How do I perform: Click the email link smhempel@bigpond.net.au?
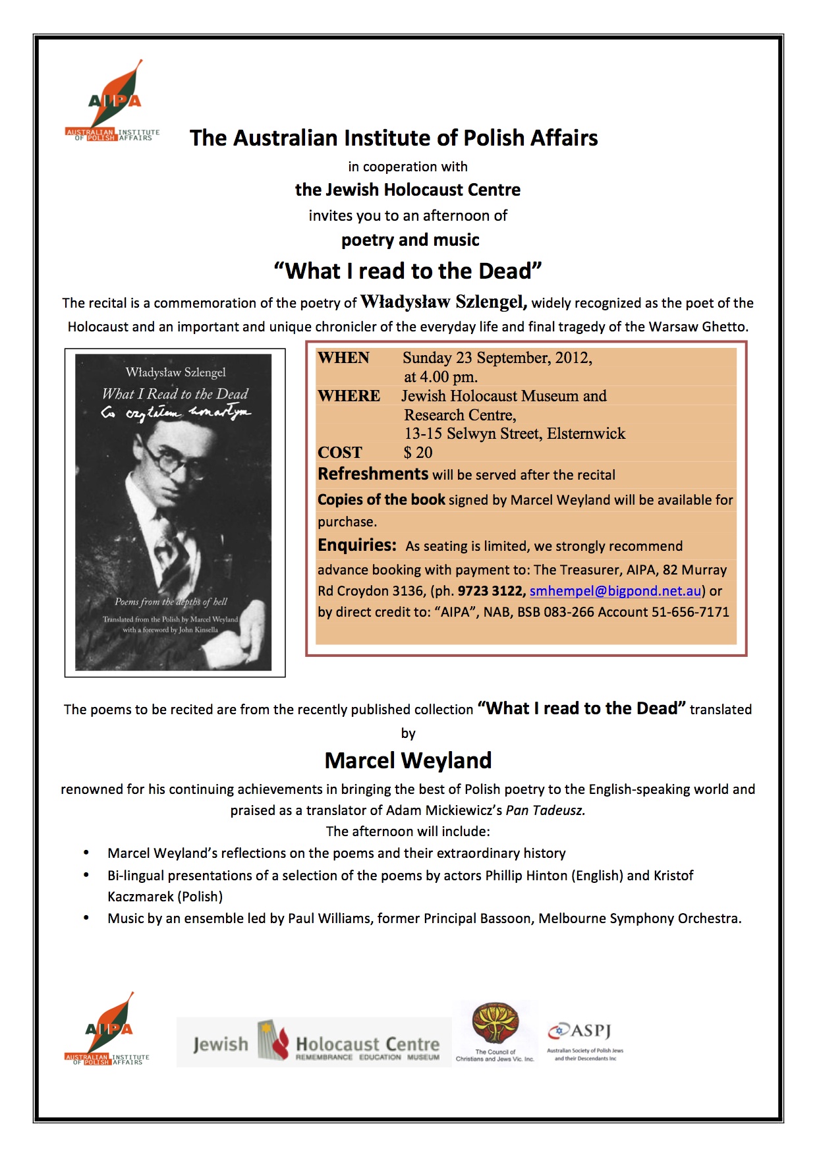point(615,591)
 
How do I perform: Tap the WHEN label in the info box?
point(343,358)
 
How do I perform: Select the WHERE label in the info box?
point(349,396)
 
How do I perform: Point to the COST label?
point(339,453)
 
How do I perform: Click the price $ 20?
point(418,453)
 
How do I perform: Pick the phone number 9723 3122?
point(492,591)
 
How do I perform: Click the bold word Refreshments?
point(373,474)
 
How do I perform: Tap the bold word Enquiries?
point(356,546)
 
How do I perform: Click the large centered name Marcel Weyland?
point(408,760)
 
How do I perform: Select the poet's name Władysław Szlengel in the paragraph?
point(443,302)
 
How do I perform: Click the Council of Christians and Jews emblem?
point(495,1025)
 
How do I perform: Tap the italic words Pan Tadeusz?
point(545,810)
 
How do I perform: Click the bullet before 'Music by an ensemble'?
point(86,918)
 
